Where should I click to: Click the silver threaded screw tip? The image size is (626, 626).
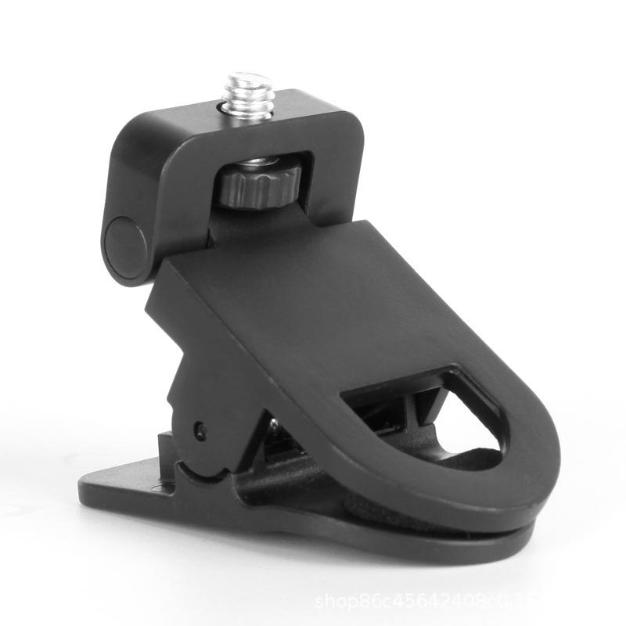pyautogui.click(x=250, y=94)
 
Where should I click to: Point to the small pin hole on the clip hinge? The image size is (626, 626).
pyautogui.click(x=200, y=430)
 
